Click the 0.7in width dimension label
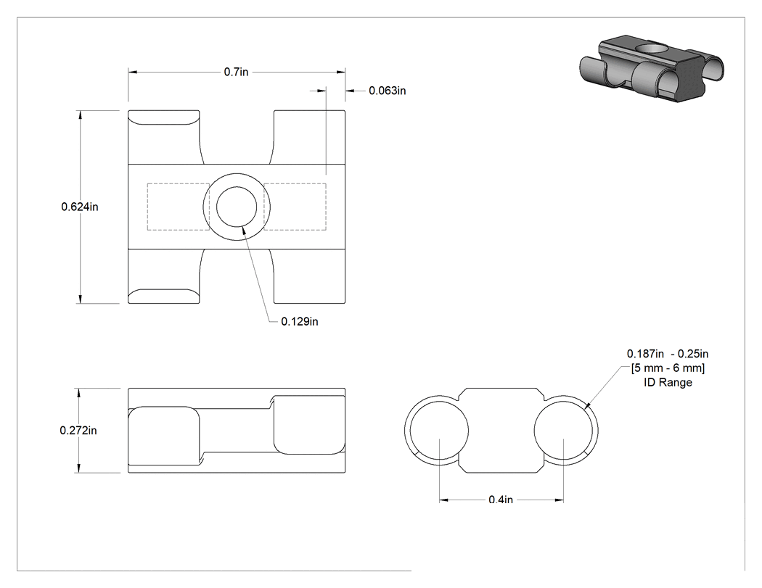236,72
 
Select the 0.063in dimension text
388,91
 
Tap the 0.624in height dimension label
80,207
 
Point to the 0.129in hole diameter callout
300,321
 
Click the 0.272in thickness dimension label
78,431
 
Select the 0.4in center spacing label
501,500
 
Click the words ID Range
668,383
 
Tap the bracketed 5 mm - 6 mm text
668,368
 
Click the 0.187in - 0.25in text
668,354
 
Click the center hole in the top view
237,207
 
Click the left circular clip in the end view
405,431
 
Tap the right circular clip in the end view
598,431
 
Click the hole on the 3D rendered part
652,49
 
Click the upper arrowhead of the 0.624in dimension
80,115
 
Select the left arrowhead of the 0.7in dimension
133,72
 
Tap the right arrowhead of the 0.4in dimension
559,500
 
